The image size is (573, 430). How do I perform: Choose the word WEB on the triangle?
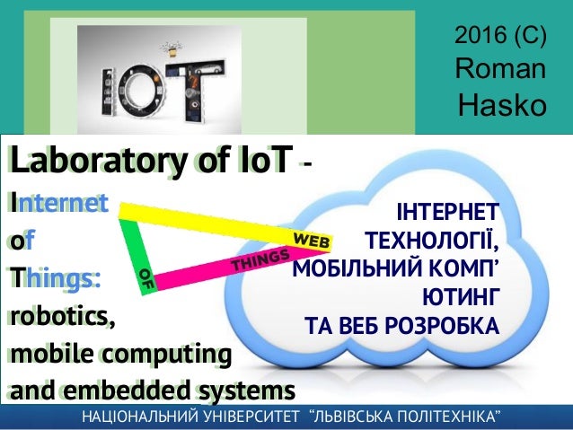(313, 241)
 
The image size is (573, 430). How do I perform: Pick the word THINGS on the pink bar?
(260, 260)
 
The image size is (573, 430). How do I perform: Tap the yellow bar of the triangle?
(207, 221)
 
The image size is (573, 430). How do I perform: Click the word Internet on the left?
(57, 204)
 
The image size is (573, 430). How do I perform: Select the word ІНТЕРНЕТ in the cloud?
(446, 214)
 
